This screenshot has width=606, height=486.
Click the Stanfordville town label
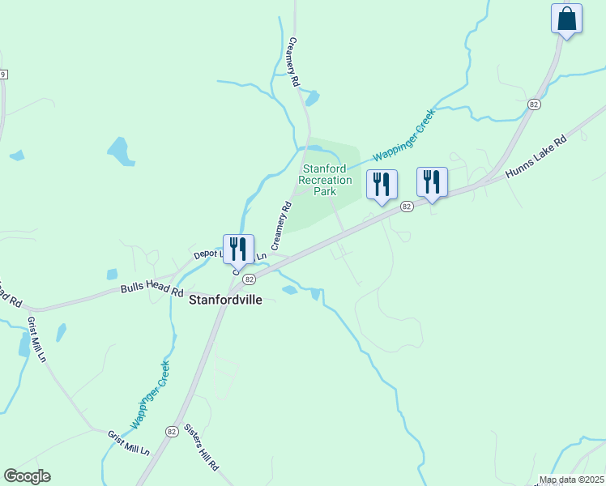(x=226, y=299)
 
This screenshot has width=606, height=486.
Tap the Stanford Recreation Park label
(x=326, y=181)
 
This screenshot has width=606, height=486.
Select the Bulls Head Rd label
(x=151, y=288)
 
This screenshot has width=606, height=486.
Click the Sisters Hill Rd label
(x=201, y=448)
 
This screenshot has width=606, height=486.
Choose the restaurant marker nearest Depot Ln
(x=239, y=249)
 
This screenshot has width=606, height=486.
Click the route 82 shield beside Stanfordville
(x=249, y=279)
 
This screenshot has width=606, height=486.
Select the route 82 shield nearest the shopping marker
(x=533, y=105)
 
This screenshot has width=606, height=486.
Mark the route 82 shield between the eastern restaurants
(x=407, y=207)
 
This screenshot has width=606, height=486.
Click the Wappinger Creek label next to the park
(x=403, y=135)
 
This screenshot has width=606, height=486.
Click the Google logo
(x=28, y=476)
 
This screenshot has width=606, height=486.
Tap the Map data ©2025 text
(x=572, y=480)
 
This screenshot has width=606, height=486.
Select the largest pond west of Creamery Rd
(x=119, y=150)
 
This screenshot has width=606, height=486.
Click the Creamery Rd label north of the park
(x=294, y=62)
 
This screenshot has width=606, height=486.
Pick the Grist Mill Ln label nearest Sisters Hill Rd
(x=129, y=442)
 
